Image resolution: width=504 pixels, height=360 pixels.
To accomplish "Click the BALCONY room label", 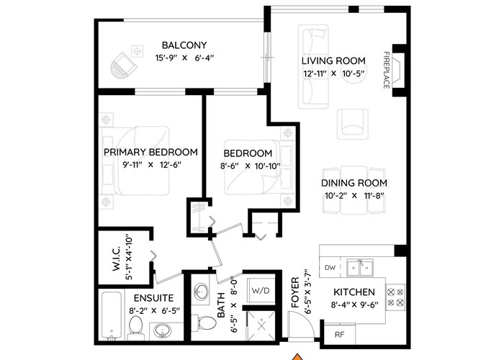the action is tap(184, 45).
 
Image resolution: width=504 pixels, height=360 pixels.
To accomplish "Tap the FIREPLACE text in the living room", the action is tap(387, 70).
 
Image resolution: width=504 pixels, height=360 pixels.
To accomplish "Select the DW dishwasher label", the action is tap(330, 267).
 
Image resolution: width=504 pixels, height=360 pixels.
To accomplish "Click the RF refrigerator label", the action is tap(339, 335).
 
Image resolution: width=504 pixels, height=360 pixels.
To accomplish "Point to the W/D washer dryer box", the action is tap(261, 291).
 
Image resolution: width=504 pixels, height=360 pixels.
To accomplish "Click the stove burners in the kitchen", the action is tap(395, 297).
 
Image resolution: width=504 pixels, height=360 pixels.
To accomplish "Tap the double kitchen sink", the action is tap(360, 268).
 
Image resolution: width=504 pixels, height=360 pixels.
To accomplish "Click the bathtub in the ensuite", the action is tap(111, 315).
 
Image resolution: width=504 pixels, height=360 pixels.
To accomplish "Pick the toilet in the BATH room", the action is tap(204, 323).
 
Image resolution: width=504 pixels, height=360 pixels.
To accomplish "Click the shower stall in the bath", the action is tap(261, 325).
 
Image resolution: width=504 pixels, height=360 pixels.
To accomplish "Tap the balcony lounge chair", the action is tap(123, 67).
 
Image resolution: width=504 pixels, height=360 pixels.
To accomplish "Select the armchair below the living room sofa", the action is tap(353, 124).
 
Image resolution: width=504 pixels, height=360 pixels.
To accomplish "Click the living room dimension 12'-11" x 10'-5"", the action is tap(333, 73).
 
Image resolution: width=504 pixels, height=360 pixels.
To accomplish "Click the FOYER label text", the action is tap(295, 292).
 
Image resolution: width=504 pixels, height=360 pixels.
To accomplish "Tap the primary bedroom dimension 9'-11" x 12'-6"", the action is tap(152, 165).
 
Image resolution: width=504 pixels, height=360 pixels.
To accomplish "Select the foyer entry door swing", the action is tap(300, 325).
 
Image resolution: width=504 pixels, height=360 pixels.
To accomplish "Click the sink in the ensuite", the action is tap(162, 330).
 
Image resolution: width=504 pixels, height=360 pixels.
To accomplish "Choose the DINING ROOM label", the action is tap(354, 183).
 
